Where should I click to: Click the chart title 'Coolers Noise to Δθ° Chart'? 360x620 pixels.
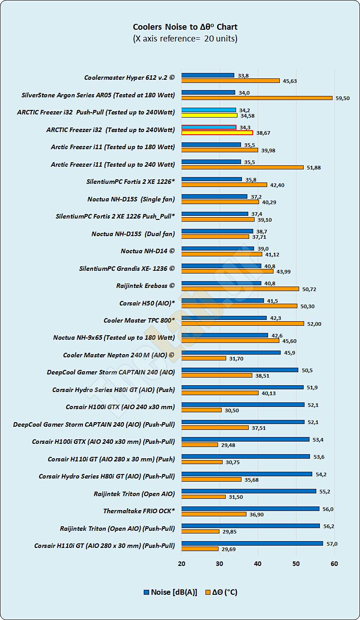[x=185, y=27]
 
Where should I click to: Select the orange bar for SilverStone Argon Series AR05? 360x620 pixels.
[x=257, y=98]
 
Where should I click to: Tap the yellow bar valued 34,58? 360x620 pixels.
[x=209, y=115]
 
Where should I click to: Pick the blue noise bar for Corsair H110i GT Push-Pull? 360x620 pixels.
[x=252, y=543]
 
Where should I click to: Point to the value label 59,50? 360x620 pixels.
[x=342, y=98]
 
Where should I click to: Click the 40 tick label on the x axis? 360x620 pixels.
[x=258, y=564]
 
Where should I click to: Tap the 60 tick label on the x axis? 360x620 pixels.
[x=334, y=564]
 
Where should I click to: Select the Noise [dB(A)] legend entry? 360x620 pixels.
[x=170, y=592]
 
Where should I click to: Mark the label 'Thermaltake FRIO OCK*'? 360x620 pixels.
[x=139, y=511]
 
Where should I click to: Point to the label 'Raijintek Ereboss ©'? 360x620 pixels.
[x=145, y=286]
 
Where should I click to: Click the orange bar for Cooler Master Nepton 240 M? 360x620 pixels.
[x=204, y=358]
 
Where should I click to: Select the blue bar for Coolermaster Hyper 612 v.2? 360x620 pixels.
[x=208, y=75]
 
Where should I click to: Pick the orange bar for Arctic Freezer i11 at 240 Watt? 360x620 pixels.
[x=242, y=167]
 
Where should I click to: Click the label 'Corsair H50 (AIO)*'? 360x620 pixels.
[x=147, y=303]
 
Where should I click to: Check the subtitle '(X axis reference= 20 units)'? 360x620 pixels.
[x=185, y=38]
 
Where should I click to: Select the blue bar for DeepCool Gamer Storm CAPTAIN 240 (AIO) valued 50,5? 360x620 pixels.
[x=240, y=370]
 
